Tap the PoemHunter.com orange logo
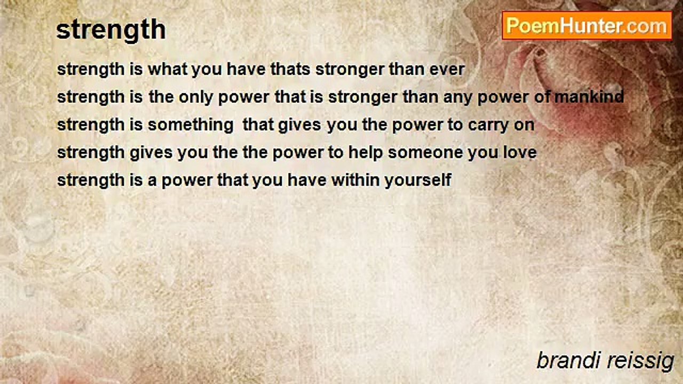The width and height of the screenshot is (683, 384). point(587,26)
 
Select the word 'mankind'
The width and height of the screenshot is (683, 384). point(589,97)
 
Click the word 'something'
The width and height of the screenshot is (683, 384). point(190,125)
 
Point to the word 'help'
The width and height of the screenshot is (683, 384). point(366,153)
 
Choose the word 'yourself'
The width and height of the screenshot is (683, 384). point(418,180)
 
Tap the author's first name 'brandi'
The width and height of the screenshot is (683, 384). point(569,361)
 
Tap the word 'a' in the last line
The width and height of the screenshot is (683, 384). point(152,180)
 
